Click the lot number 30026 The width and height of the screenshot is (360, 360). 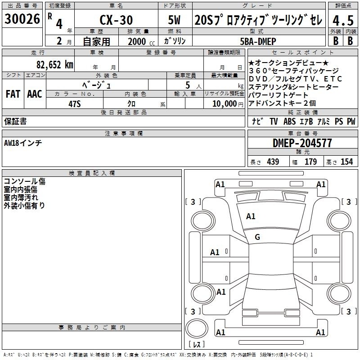click(x=22, y=19)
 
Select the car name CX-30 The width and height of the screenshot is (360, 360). click(x=116, y=20)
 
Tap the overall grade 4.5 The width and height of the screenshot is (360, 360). click(x=343, y=20)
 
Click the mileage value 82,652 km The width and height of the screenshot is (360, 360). click(x=54, y=64)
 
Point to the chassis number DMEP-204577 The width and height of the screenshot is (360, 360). click(x=302, y=143)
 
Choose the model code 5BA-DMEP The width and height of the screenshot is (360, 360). click(x=258, y=41)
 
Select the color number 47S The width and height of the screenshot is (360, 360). click(x=75, y=104)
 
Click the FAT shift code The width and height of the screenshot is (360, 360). click(x=13, y=94)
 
